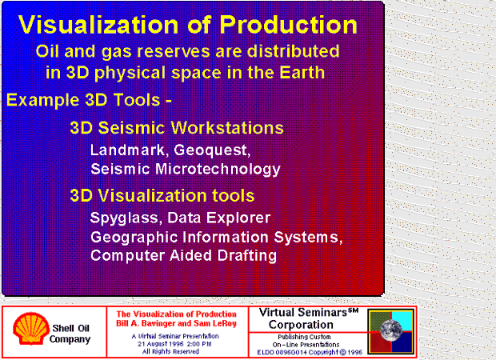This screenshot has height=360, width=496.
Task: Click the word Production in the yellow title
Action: [288, 25]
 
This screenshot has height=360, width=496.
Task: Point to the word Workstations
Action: [227, 128]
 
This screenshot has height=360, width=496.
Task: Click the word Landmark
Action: [128, 150]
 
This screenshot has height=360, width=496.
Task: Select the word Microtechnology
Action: [218, 169]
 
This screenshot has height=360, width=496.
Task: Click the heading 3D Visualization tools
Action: [162, 195]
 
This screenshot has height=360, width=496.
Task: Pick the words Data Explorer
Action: [218, 218]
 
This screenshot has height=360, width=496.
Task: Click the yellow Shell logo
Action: [30, 329]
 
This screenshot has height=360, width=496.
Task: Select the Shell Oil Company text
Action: [70, 334]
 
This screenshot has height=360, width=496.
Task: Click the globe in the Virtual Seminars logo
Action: [391, 330]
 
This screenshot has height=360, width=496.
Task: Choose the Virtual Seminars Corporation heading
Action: [308, 318]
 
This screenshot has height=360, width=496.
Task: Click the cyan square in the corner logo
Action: [402, 322]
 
